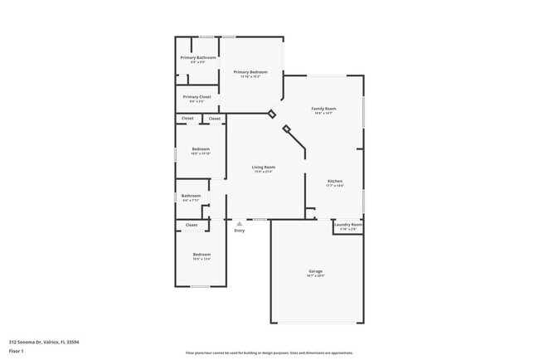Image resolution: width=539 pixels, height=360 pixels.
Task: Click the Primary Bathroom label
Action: click(x=198, y=57)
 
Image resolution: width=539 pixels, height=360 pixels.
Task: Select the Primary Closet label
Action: click(x=197, y=96)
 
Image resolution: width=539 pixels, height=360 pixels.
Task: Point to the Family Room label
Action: click(x=323, y=109)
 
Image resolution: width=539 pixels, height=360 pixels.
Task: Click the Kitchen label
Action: click(x=335, y=181)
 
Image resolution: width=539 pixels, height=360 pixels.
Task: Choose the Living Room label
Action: click(x=264, y=167)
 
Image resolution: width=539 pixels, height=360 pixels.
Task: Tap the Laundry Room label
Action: click(x=348, y=224)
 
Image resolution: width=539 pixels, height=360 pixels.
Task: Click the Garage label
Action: click(x=316, y=271)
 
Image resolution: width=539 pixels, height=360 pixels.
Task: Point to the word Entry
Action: click(x=239, y=231)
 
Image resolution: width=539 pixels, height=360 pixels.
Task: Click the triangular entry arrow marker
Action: click(x=239, y=222)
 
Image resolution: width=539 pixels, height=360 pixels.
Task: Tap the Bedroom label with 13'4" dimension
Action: click(x=202, y=254)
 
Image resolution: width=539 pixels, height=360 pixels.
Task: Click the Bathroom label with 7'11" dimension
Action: click(x=191, y=196)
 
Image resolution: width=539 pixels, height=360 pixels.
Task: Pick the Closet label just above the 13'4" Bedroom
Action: click(x=192, y=225)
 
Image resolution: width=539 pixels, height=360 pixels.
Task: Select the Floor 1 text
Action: click(x=17, y=351)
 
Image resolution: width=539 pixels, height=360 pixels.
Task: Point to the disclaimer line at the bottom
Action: click(x=269, y=353)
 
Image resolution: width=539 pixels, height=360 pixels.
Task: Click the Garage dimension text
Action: click(x=316, y=276)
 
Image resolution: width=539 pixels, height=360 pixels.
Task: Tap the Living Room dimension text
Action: click(x=264, y=172)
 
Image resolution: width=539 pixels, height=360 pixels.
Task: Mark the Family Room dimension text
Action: click(x=323, y=114)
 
